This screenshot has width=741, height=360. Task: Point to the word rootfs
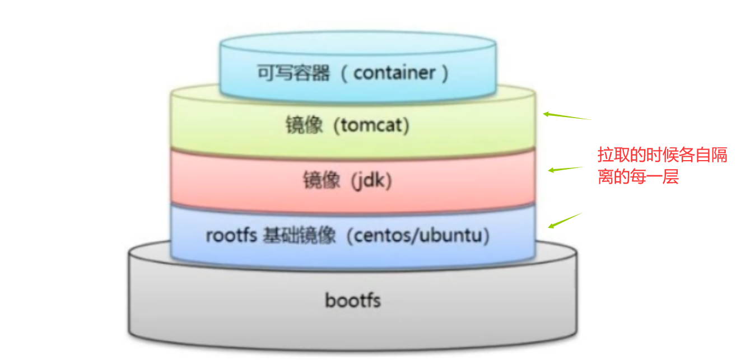(231, 236)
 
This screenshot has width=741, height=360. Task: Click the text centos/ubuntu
(417, 236)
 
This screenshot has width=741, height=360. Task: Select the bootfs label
(353, 300)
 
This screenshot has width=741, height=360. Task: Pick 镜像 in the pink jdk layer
(321, 181)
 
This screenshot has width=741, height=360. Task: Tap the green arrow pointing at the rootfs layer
(565, 221)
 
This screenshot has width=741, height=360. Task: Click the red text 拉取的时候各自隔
(662, 155)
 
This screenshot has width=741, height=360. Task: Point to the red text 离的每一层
(638, 177)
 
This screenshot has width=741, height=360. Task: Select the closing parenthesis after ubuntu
(486, 236)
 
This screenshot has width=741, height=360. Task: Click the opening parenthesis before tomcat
(338, 125)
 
